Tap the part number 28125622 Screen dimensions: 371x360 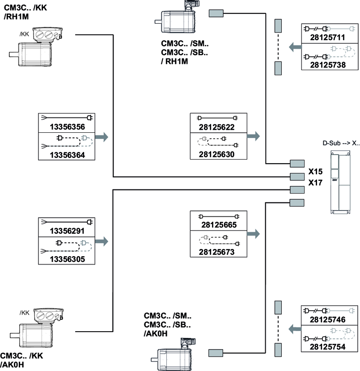click(218, 127)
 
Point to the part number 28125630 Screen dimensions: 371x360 click(218, 154)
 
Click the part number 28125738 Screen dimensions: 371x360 click(330, 65)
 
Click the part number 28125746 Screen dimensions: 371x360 click(330, 320)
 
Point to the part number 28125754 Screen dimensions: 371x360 click(330, 347)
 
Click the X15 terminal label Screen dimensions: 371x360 click(315, 171)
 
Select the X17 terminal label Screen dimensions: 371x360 click(315, 182)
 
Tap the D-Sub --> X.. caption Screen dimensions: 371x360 click(341, 143)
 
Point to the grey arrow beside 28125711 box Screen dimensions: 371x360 click(294, 46)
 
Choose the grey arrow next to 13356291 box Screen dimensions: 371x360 click(102, 241)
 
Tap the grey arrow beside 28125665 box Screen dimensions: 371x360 click(253, 233)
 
